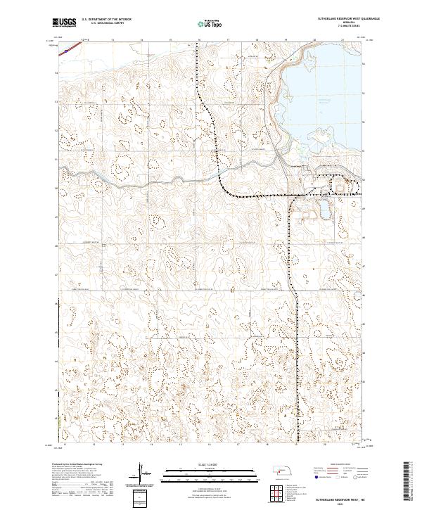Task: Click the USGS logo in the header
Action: point(64,23)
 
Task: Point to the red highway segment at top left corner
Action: point(66,48)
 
